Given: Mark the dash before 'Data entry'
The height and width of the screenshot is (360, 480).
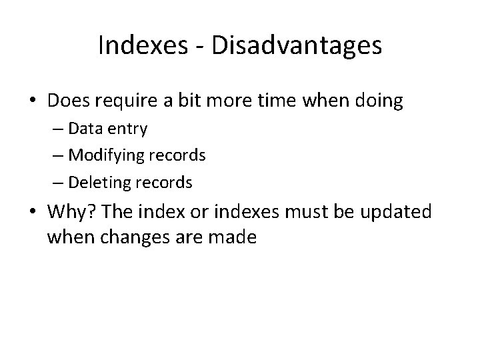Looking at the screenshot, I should tap(57, 129).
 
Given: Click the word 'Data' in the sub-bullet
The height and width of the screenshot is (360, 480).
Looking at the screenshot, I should tap(84, 129).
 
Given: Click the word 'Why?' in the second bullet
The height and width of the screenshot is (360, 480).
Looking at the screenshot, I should tap(69, 212).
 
